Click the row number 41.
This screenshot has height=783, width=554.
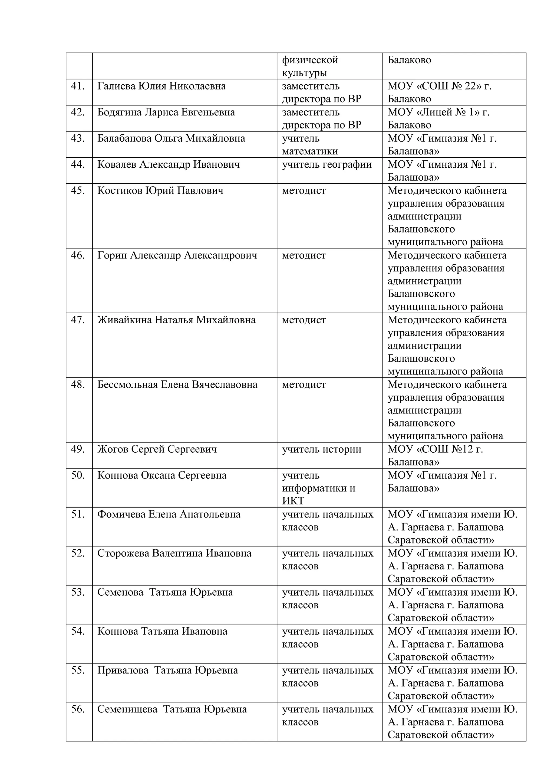tap(78, 86)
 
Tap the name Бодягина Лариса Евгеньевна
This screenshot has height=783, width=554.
tap(166, 112)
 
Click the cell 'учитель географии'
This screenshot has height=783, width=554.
tap(327, 165)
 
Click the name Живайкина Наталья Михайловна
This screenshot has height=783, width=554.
tap(176, 320)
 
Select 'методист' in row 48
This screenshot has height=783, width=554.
tap(304, 385)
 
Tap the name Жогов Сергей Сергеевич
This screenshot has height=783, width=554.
tap(157, 449)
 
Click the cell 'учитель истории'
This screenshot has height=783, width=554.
tap(321, 449)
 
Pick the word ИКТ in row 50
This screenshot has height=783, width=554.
tap(293, 501)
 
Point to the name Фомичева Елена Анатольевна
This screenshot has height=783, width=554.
tap(169, 514)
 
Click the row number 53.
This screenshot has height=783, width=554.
tap(78, 592)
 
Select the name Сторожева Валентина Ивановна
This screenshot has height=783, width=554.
tap(174, 553)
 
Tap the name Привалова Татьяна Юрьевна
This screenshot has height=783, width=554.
tap(167, 670)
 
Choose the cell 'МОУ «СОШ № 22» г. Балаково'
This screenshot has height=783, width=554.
tap(439, 92)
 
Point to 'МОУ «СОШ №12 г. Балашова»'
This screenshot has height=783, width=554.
tap(435, 456)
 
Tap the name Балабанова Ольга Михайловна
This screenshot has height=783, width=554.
tap(171, 138)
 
